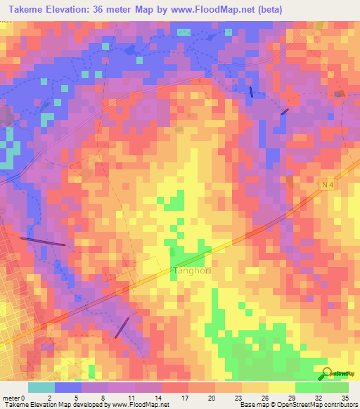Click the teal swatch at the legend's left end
point(41,387)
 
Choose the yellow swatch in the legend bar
point(281,387)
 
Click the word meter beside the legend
point(10,397)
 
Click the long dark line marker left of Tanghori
point(43,242)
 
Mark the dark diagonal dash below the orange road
point(122,325)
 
